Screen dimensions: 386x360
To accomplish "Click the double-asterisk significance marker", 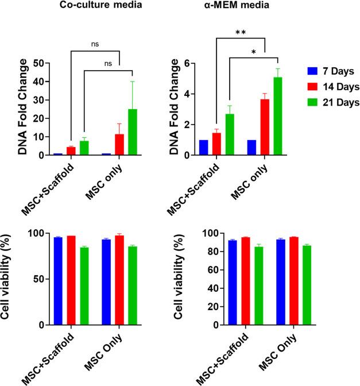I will click(x=241, y=33).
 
